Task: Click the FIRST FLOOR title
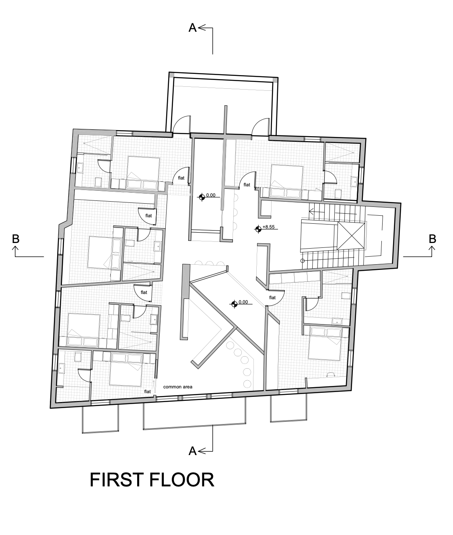(x=152, y=480)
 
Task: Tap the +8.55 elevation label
(x=268, y=227)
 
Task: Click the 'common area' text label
(x=178, y=387)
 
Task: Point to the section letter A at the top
(x=192, y=28)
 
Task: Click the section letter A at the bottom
(x=192, y=451)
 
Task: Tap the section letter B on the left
(x=16, y=239)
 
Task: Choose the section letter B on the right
(x=432, y=239)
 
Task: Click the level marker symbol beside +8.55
(x=258, y=229)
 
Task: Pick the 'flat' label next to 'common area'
(x=147, y=392)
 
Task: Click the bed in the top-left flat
(x=143, y=169)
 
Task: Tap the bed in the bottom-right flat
(x=325, y=343)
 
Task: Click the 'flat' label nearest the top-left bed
(x=181, y=178)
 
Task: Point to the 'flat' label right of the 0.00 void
(x=247, y=184)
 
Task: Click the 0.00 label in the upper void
(x=211, y=195)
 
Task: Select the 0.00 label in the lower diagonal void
(x=243, y=302)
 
